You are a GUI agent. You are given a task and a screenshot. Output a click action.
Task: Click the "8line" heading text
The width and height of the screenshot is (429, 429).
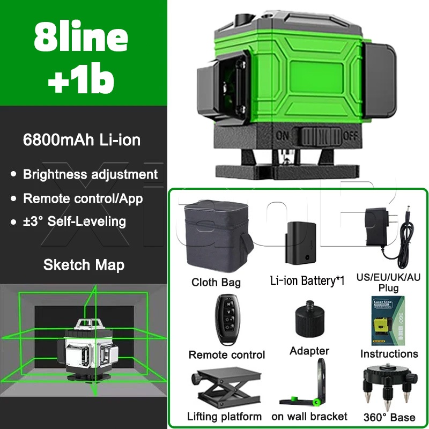(81, 36)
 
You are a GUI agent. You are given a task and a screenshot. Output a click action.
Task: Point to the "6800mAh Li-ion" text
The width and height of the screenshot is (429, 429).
(82, 140)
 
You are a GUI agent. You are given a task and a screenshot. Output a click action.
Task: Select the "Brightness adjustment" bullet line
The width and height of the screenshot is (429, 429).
(90, 174)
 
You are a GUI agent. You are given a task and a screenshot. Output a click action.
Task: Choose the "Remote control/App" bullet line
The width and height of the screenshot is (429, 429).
(83, 198)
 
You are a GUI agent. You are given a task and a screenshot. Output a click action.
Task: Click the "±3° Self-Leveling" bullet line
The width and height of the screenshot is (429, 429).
(74, 221)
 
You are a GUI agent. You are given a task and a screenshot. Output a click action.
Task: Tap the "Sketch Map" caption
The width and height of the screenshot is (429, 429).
(84, 264)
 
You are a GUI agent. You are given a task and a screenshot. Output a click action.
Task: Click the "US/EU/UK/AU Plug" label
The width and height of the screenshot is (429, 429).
(389, 283)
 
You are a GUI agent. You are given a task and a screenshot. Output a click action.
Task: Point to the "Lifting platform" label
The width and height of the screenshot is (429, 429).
(224, 416)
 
